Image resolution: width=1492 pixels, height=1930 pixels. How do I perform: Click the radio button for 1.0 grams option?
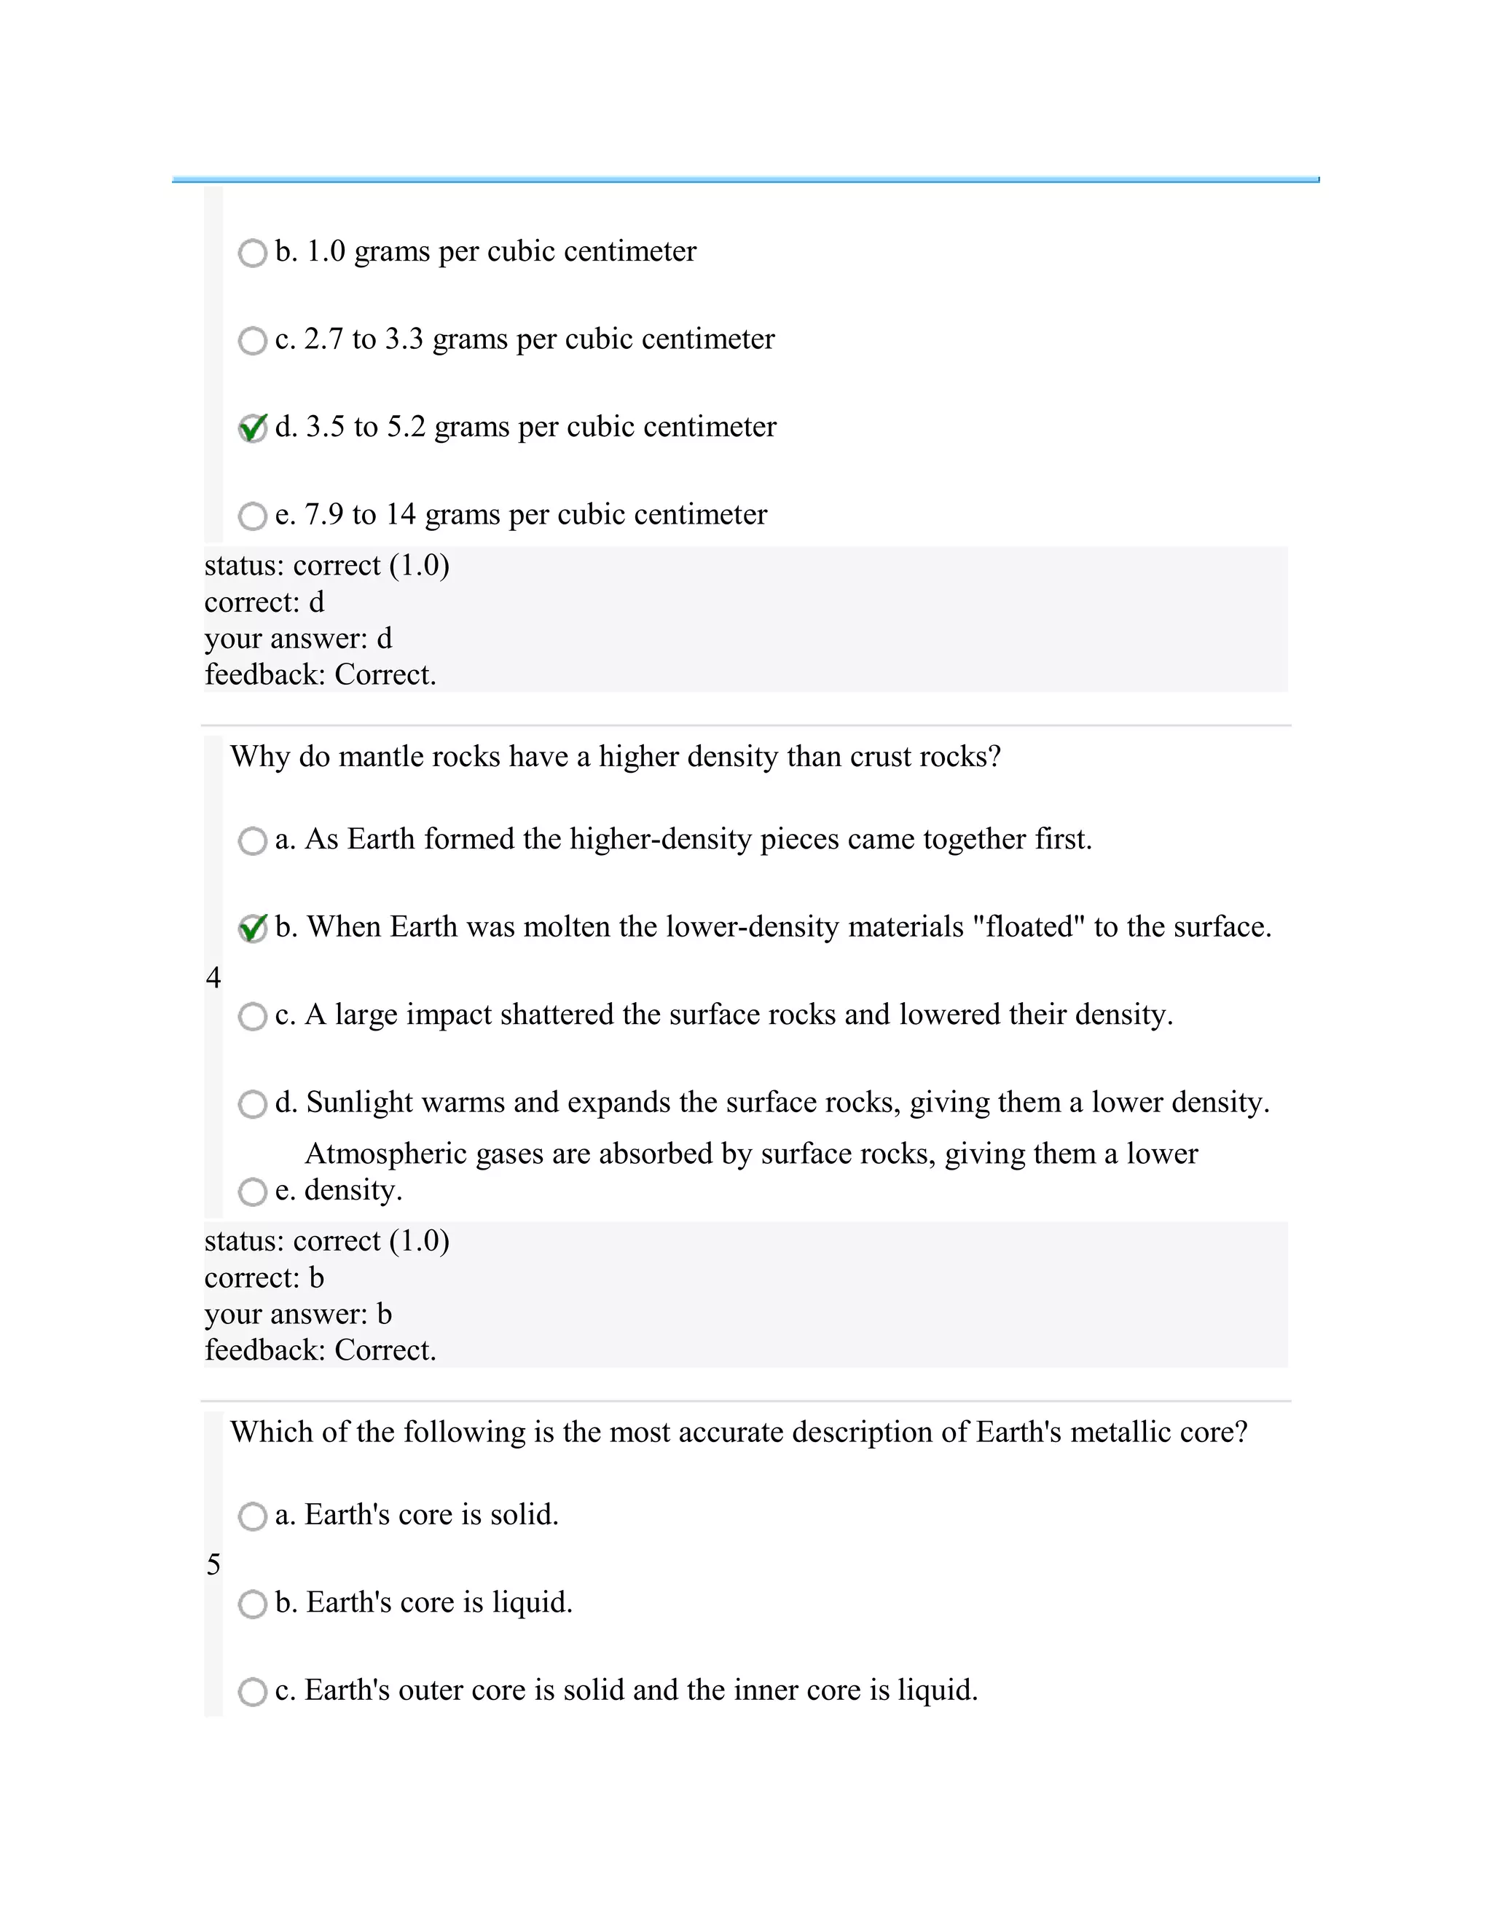pos(252,253)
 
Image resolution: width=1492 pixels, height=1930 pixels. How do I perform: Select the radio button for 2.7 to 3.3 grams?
pos(252,341)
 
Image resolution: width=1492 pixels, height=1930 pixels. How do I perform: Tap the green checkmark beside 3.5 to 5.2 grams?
pos(252,428)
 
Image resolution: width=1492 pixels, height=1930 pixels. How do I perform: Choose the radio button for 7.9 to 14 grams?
pos(252,516)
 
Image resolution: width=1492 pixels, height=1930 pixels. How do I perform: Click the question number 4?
pos(213,977)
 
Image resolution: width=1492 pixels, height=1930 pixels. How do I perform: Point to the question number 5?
pos(213,1565)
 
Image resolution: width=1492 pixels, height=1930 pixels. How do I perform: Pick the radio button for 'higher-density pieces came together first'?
pos(252,841)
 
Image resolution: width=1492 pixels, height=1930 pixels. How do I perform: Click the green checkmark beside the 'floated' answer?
pos(252,929)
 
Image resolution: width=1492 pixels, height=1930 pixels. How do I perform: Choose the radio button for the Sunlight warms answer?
pos(252,1105)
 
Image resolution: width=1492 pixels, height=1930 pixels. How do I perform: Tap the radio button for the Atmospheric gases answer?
pos(252,1192)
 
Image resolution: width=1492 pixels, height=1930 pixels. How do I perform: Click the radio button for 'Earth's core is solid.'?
pos(252,1516)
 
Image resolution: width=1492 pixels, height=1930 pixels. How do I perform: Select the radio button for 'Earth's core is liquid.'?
pos(252,1604)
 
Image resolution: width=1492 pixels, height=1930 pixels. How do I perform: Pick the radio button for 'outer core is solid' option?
pos(252,1693)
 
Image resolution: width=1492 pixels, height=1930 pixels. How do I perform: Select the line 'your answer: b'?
pos(298,1314)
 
